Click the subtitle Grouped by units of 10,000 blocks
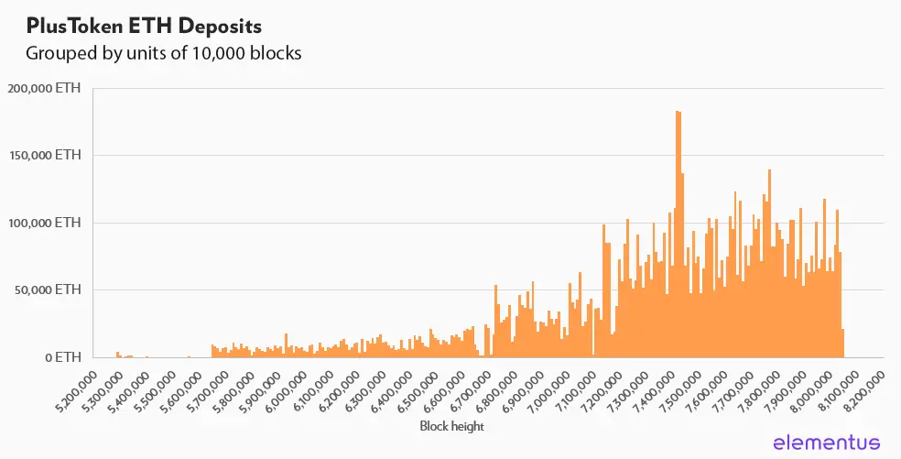pyautogui.click(x=163, y=53)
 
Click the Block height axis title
pyautogui.click(x=450, y=426)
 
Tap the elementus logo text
pyautogui.click(x=827, y=443)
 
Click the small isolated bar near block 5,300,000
pyautogui.click(x=117, y=355)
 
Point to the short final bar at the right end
pyautogui.click(x=842, y=344)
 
